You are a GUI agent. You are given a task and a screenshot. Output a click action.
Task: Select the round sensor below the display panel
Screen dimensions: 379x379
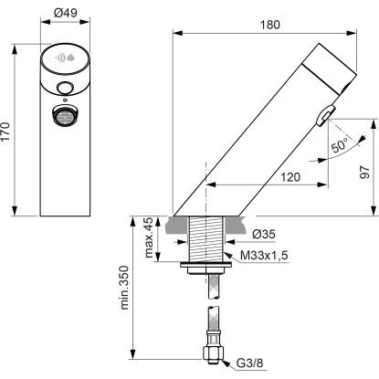[x=64, y=89]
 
